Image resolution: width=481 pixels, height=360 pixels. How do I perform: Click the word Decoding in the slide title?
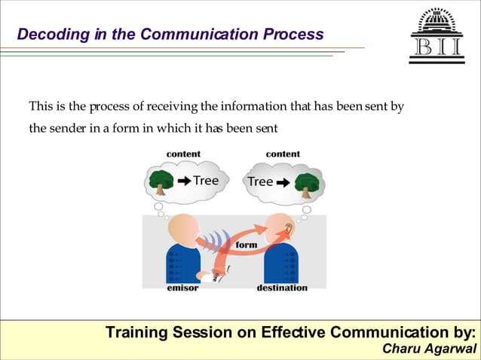tap(47, 35)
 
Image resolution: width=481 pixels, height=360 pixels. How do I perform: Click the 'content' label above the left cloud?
tap(183, 154)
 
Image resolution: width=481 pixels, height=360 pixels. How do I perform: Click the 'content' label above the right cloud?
tap(283, 154)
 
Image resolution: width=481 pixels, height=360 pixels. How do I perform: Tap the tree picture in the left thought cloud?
tap(161, 180)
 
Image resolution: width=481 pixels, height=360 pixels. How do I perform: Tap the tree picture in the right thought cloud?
tap(306, 182)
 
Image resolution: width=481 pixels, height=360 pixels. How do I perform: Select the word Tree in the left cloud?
tap(206, 181)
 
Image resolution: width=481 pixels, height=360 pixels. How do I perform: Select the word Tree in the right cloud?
tap(260, 182)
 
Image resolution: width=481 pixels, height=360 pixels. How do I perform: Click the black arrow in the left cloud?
tap(183, 181)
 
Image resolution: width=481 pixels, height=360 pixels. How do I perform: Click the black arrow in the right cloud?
tap(283, 182)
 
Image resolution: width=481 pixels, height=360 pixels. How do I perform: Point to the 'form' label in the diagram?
tap(247, 245)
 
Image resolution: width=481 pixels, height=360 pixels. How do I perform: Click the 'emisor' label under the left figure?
tap(182, 288)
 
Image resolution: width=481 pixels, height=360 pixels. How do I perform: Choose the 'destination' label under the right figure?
tap(282, 288)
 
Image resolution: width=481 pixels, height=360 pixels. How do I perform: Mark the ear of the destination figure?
tap(289, 227)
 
